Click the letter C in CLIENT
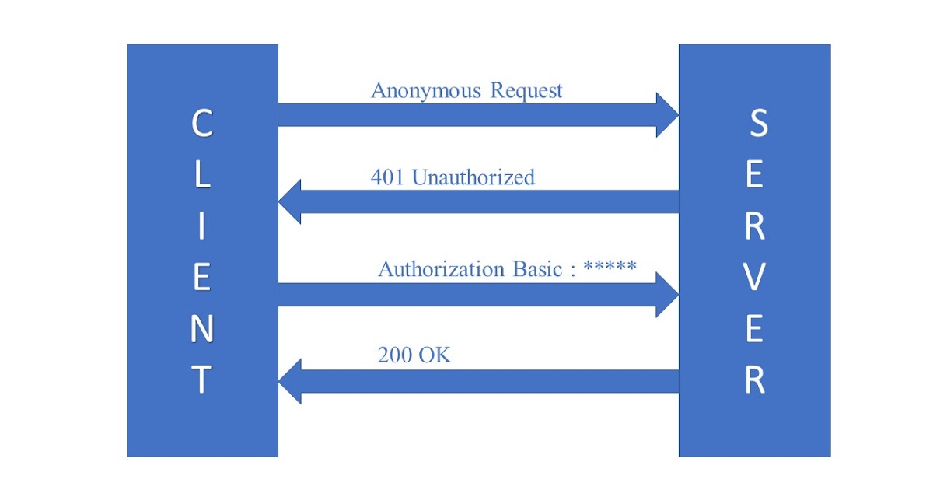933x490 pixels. [202, 124]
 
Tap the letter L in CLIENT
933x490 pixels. [202, 175]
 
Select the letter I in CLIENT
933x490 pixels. [202, 227]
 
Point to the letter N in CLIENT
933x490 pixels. [202, 330]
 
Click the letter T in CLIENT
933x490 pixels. [202, 380]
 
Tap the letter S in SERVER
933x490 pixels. [757, 124]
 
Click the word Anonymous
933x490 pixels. [426, 91]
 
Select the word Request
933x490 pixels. [526, 91]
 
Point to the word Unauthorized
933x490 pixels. [473, 177]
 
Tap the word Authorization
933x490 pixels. [441, 269]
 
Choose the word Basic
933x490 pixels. [536, 269]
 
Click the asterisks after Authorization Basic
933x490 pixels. [610, 266]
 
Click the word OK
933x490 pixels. [436, 356]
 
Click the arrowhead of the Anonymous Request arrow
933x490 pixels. [667, 115]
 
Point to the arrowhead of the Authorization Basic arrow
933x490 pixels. [667, 295]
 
